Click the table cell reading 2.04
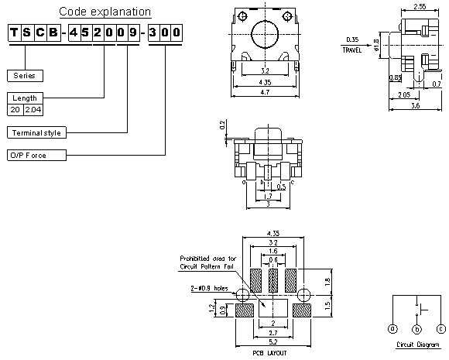point(32,110)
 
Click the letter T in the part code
point(15,33)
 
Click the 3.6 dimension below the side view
point(415,105)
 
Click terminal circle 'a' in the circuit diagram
point(392,327)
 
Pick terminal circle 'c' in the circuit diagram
point(440,327)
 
